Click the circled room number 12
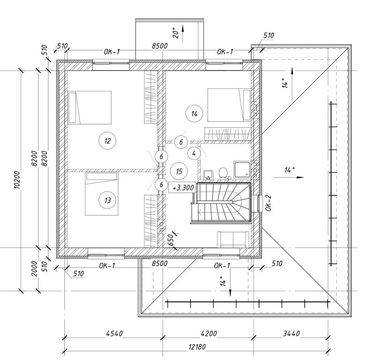click(107, 140)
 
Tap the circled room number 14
click(194, 113)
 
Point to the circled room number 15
click(179, 171)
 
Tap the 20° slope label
click(175, 32)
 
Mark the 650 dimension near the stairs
click(171, 241)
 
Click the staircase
click(223, 202)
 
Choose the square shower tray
click(243, 170)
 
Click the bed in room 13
click(101, 194)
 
